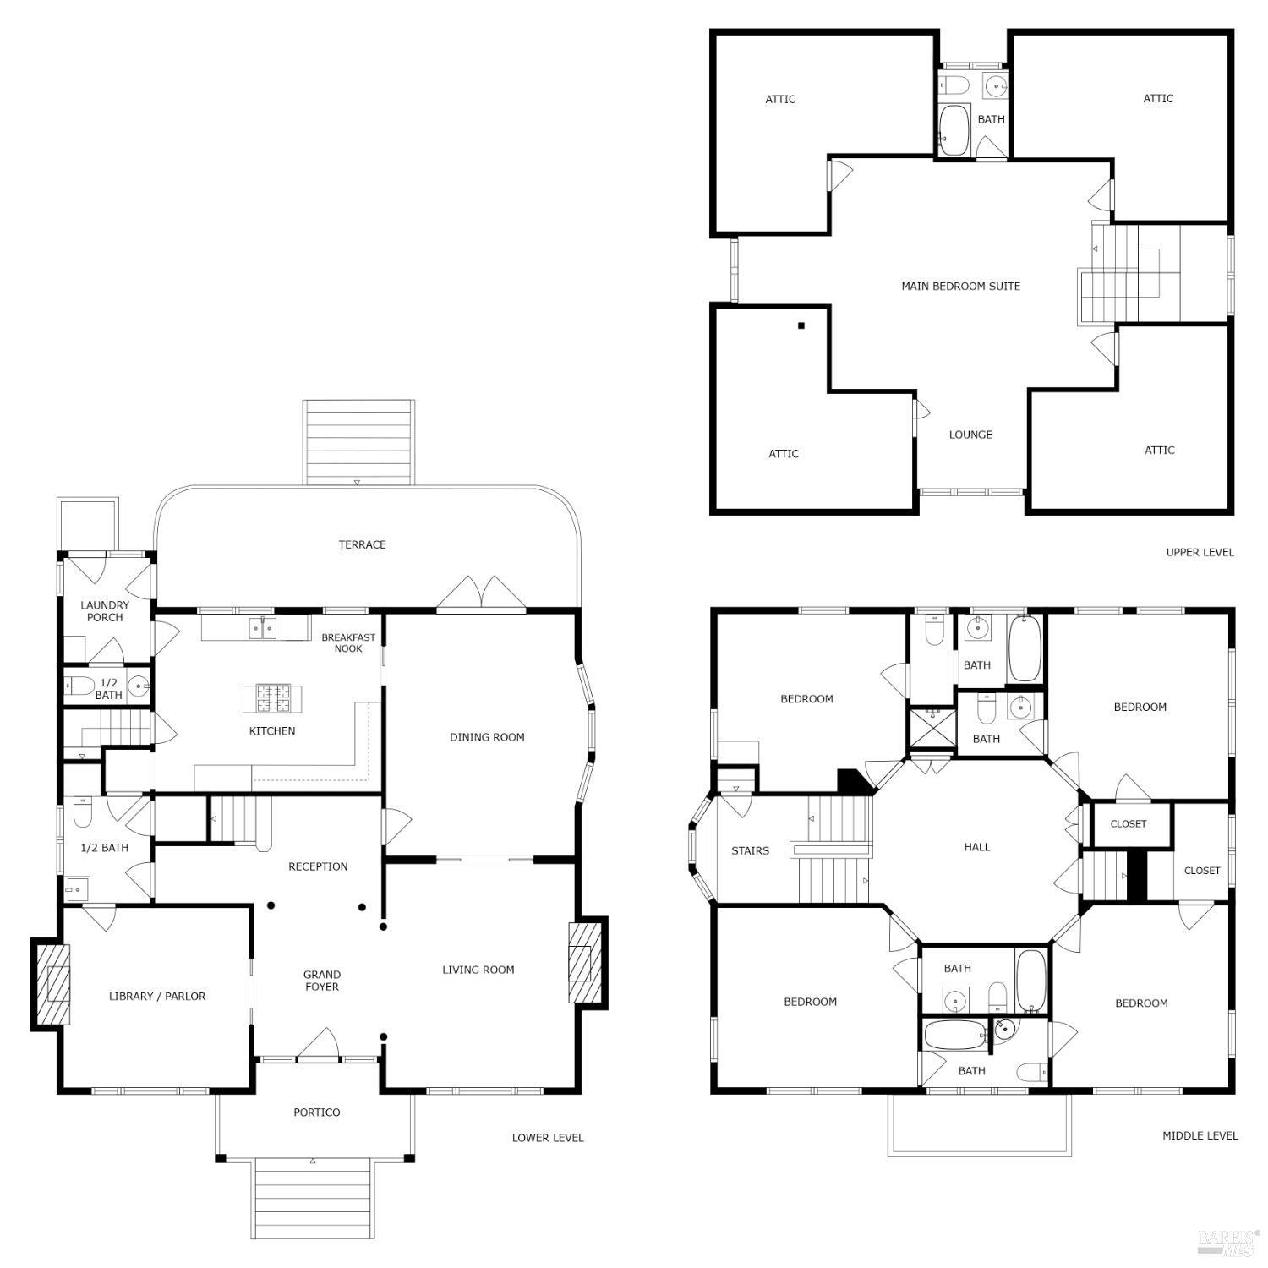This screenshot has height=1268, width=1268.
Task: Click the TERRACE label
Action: click(362, 544)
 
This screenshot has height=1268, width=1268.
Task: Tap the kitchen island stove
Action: click(272, 698)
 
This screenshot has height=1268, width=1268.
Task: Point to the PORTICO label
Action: click(316, 1112)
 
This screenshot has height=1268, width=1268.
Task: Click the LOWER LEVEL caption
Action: click(547, 1138)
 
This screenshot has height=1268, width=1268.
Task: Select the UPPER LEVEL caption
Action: click(1200, 552)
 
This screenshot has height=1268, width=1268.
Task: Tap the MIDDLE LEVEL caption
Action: click(1200, 1135)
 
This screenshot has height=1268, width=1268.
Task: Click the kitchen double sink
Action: click(263, 628)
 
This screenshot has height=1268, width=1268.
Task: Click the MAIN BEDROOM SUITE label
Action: click(960, 286)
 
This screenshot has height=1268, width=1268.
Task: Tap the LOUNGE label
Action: click(970, 435)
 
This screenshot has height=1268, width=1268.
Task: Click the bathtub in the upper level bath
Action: click(954, 130)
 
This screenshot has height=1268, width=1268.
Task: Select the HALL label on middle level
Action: click(976, 846)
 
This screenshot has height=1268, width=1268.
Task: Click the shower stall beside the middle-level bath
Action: click(932, 729)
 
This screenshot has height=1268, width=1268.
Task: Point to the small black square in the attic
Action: click(801, 325)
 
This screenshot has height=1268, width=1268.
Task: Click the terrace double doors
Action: click(481, 595)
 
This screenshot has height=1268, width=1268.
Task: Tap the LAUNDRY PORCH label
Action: click(105, 611)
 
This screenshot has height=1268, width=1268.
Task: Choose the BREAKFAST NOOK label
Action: click(347, 642)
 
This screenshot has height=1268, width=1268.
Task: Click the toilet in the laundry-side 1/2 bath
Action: click(80, 686)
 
